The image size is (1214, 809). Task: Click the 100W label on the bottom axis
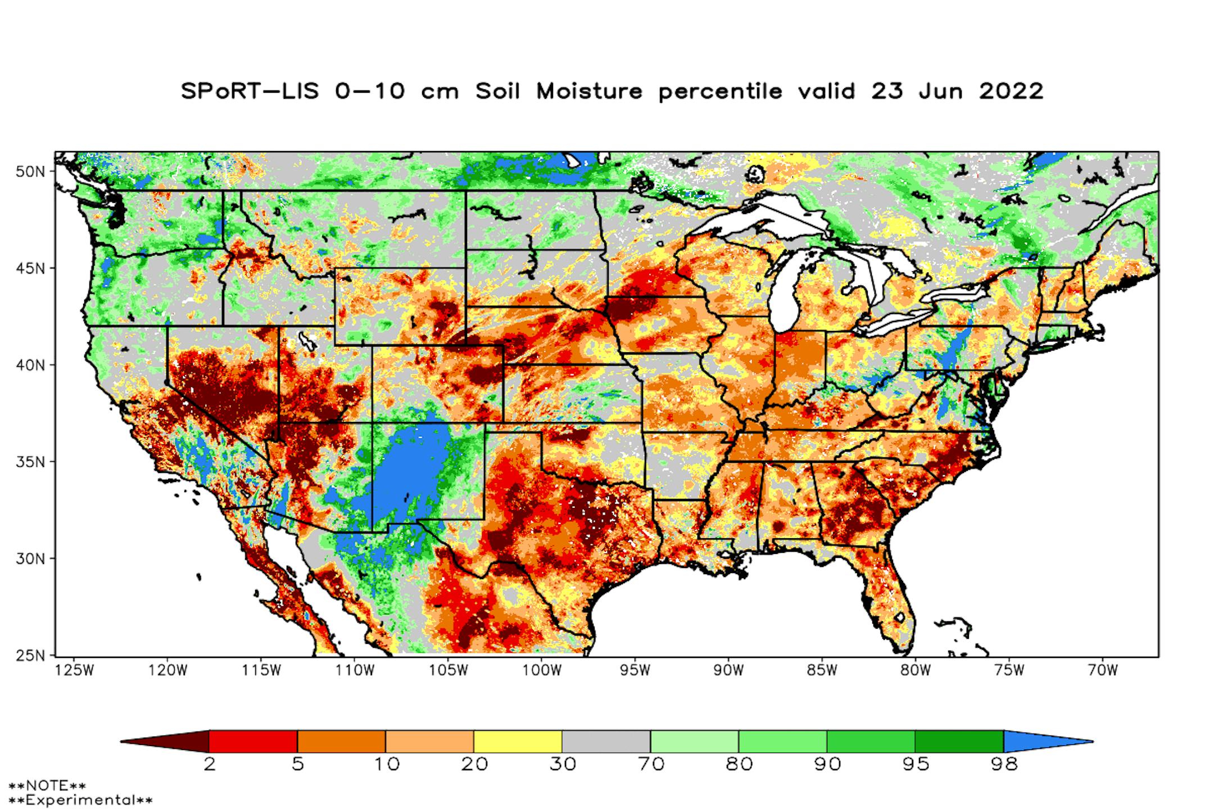pos(541,670)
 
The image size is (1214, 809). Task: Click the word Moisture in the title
pos(589,91)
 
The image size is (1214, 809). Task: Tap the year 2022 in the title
pos(1011,91)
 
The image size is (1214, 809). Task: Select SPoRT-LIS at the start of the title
pos(250,91)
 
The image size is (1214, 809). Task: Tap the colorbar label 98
pos(1004,765)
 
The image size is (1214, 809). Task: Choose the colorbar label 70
pos(650,765)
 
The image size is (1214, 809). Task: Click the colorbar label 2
pos(209,765)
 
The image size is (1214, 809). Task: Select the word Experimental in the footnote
pos(80,799)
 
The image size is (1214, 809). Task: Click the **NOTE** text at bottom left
pos(47,785)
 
